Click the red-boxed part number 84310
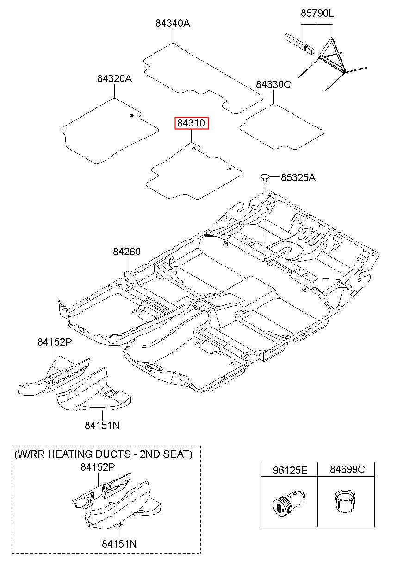[x=191, y=123]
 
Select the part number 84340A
[x=173, y=23]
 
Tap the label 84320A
[x=114, y=79]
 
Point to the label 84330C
[x=273, y=84]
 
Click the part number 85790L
[x=317, y=13]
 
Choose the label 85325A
[x=298, y=177]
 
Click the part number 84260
[x=127, y=252]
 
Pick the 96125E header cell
[x=289, y=470]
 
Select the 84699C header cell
[x=347, y=470]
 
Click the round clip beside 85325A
[x=265, y=176]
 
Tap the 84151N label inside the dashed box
[x=119, y=544]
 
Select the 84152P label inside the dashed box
[x=98, y=467]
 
